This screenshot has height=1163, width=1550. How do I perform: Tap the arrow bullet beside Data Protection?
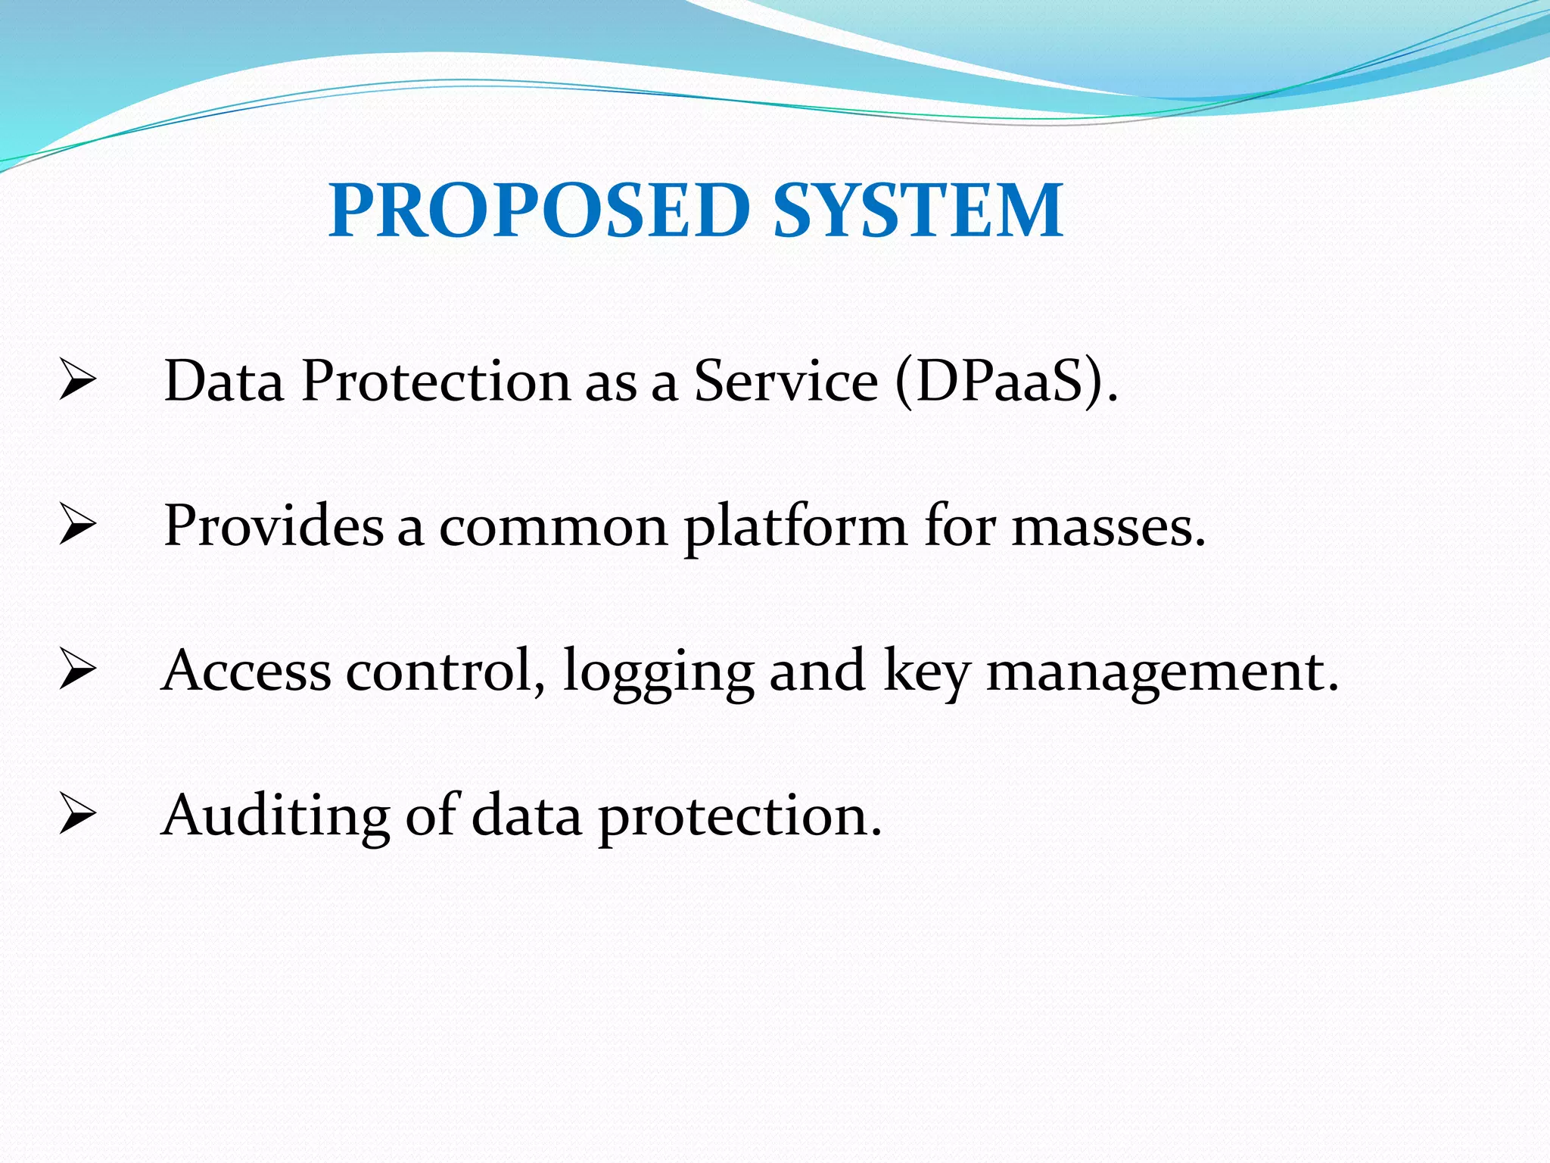[77, 381]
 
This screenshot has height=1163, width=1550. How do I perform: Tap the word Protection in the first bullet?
[435, 381]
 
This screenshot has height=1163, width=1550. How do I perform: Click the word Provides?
[273, 525]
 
